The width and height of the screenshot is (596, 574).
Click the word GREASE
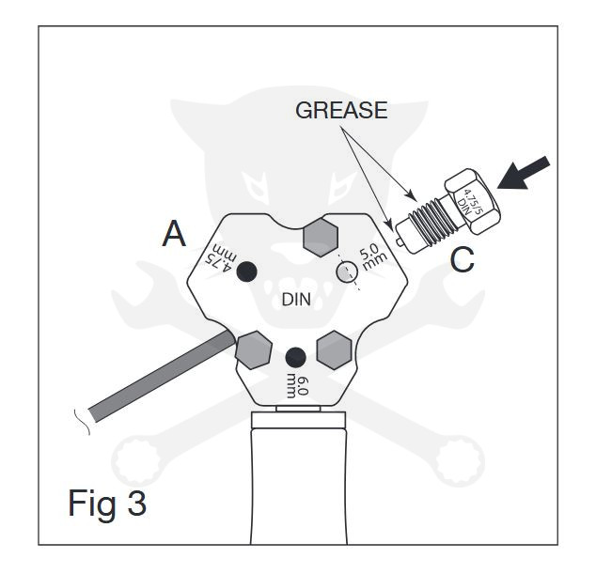tap(341, 110)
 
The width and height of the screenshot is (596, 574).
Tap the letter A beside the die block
tap(174, 234)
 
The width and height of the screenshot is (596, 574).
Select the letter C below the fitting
tap(462, 260)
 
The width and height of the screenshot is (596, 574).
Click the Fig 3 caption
tap(107, 503)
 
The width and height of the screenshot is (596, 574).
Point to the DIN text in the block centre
tap(296, 300)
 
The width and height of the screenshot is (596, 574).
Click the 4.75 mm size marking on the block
tap(221, 258)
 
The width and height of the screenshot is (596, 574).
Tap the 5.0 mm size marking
tap(372, 256)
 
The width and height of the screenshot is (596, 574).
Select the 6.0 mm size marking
tap(298, 387)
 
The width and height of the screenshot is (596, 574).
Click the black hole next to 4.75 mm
tap(246, 271)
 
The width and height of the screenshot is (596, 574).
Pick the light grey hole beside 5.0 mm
tap(347, 272)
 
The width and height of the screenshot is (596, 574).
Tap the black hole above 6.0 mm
tap(295, 358)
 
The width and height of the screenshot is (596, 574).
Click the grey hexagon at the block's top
tap(321, 237)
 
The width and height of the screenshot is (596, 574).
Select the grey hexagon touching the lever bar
tap(254, 350)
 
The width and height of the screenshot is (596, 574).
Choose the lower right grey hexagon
tap(334, 350)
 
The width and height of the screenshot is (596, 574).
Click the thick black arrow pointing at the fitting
tap(524, 173)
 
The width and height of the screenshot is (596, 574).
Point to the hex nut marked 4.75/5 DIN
tap(473, 201)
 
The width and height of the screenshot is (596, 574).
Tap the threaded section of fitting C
tap(431, 221)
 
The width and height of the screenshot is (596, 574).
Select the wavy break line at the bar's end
tap(83, 422)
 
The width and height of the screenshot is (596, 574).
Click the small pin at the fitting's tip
tap(399, 241)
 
